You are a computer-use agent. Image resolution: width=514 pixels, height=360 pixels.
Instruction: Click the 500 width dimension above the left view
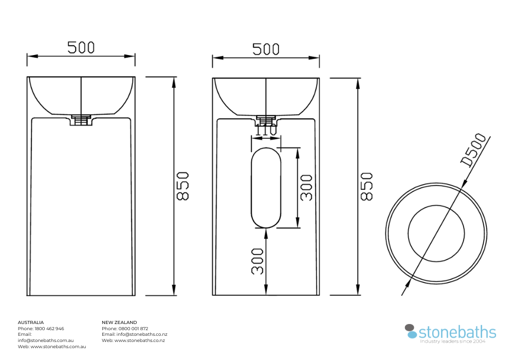(x=81, y=47)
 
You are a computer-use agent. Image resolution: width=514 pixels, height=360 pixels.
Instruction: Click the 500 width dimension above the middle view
(x=266, y=49)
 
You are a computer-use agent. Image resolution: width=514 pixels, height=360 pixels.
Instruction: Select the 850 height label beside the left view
(x=183, y=186)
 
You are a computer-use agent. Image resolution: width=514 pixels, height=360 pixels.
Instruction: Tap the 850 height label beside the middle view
(x=366, y=186)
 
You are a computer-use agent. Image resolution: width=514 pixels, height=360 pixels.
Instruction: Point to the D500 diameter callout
(x=473, y=150)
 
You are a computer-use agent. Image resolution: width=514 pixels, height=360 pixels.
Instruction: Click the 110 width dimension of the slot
(x=266, y=131)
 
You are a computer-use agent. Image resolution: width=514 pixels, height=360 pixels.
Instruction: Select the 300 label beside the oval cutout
(x=306, y=188)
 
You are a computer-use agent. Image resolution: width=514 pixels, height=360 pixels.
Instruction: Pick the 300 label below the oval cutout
(x=258, y=261)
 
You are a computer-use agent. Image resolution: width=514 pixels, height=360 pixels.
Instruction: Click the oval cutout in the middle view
(x=266, y=188)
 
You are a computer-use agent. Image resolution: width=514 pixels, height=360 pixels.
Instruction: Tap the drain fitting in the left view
(x=81, y=120)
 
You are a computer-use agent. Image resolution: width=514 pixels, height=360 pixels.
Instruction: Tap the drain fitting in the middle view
(x=266, y=121)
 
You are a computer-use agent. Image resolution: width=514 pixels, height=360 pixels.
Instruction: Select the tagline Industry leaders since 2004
(x=453, y=341)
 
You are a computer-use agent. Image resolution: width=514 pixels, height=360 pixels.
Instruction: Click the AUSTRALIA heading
(x=31, y=322)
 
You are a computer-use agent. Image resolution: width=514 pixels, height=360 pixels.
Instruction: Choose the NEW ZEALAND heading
(x=119, y=322)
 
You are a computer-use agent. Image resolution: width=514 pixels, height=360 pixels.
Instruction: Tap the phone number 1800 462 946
(x=49, y=329)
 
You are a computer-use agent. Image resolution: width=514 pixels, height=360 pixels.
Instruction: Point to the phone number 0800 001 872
(x=133, y=329)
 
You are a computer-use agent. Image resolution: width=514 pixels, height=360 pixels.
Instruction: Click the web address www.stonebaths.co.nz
(x=139, y=340)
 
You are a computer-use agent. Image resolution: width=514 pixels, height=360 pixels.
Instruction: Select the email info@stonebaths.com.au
(x=46, y=340)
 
